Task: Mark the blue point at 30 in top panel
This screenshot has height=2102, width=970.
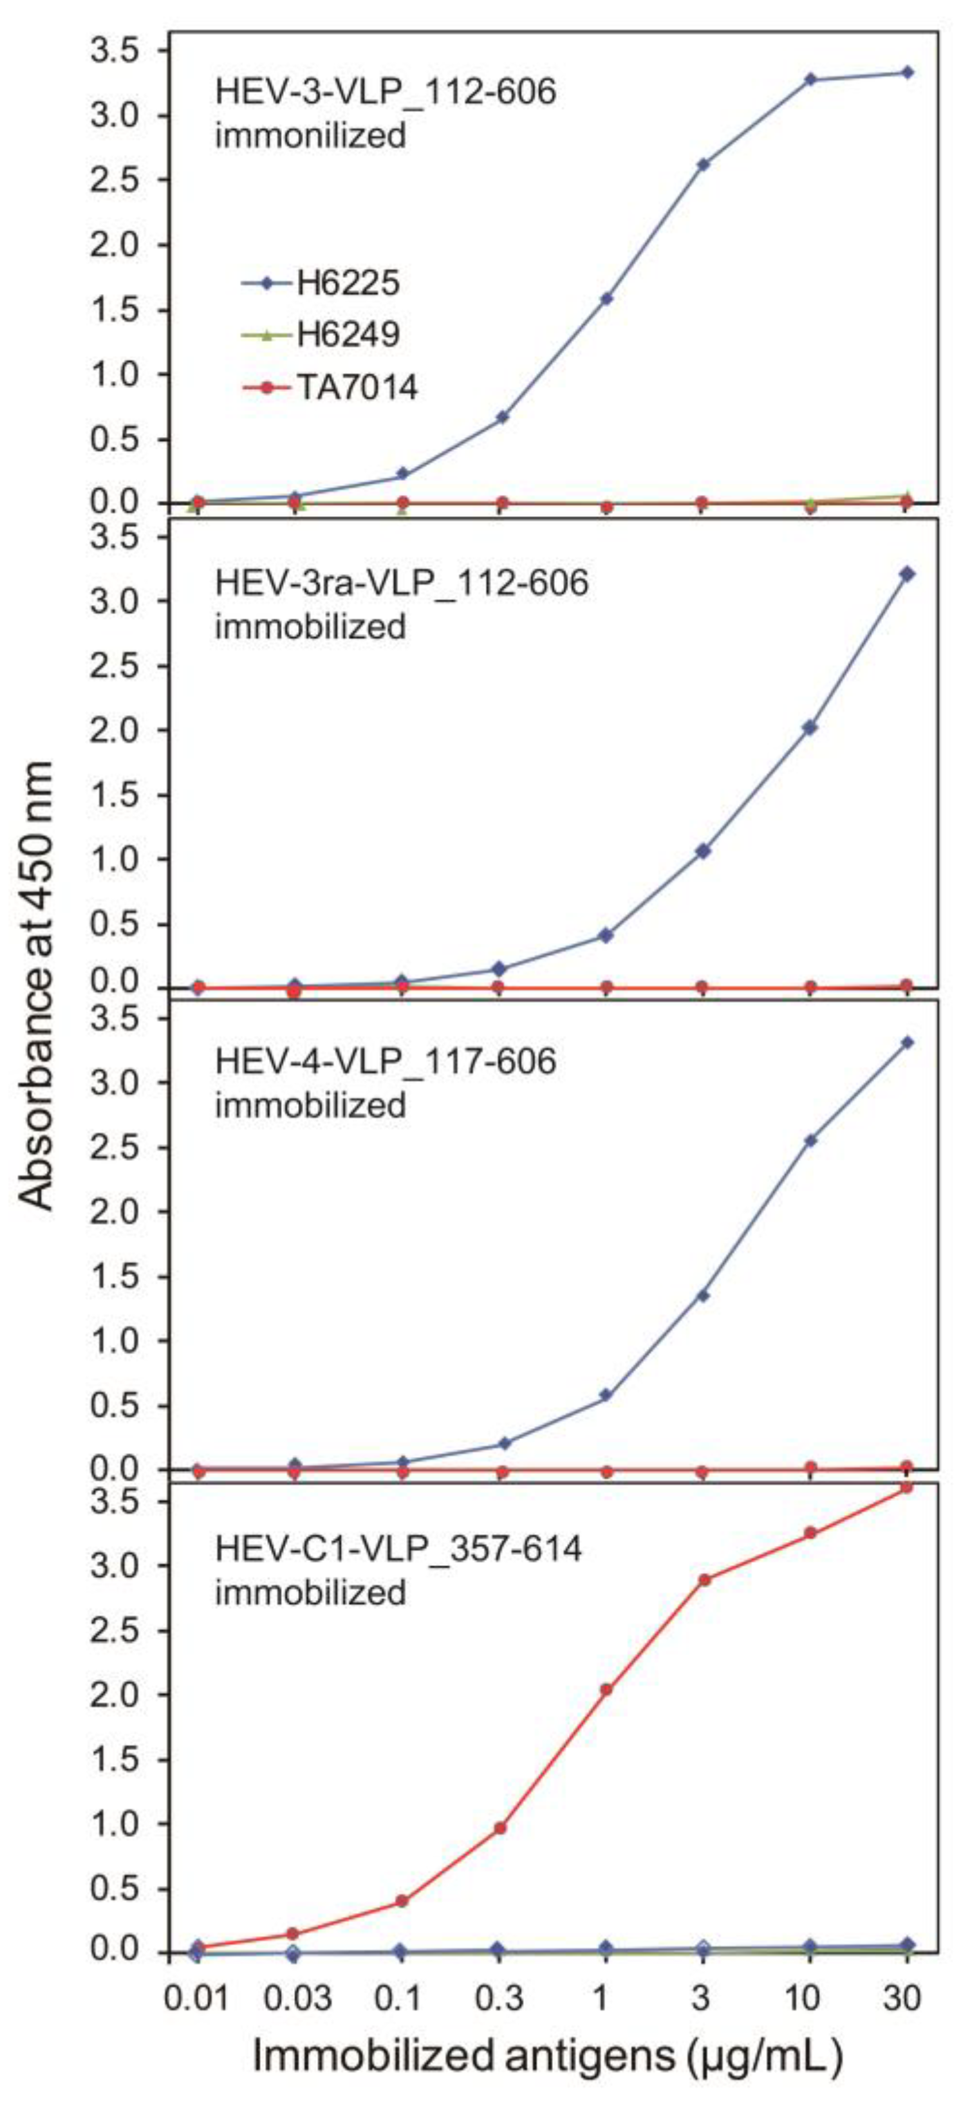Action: [907, 73]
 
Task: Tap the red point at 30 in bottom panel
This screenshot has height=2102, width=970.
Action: [906, 1487]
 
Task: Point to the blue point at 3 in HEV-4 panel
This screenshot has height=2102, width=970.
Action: [702, 1295]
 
